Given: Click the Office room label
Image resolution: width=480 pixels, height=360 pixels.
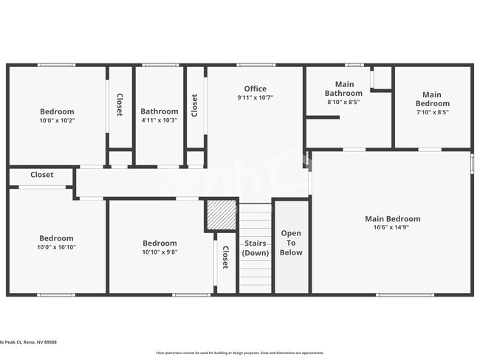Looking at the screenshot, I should pos(256,89).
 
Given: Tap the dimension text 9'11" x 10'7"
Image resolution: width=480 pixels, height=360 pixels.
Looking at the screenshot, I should pos(256,98).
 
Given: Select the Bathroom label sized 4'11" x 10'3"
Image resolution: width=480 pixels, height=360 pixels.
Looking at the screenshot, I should pos(160,111).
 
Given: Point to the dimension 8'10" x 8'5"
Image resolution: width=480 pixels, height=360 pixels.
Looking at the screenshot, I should pos(344,103).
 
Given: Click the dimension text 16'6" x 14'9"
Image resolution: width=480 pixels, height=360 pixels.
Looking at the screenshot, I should pos(392,228).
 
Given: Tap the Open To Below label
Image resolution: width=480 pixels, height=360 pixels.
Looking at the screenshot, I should pos(291,243).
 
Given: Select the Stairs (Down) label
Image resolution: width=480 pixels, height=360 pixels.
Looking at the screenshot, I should pos(256,248).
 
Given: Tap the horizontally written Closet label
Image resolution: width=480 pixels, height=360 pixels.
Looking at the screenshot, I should pos(41,176).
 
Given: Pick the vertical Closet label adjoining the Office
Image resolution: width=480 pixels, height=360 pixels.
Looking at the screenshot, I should pos(195,105).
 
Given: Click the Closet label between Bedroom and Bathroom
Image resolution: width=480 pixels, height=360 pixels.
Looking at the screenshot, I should pos(120,104).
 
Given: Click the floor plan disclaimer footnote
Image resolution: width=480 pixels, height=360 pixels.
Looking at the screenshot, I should pos(239,353).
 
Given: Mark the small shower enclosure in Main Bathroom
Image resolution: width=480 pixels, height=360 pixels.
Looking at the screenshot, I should pos(381,78).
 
